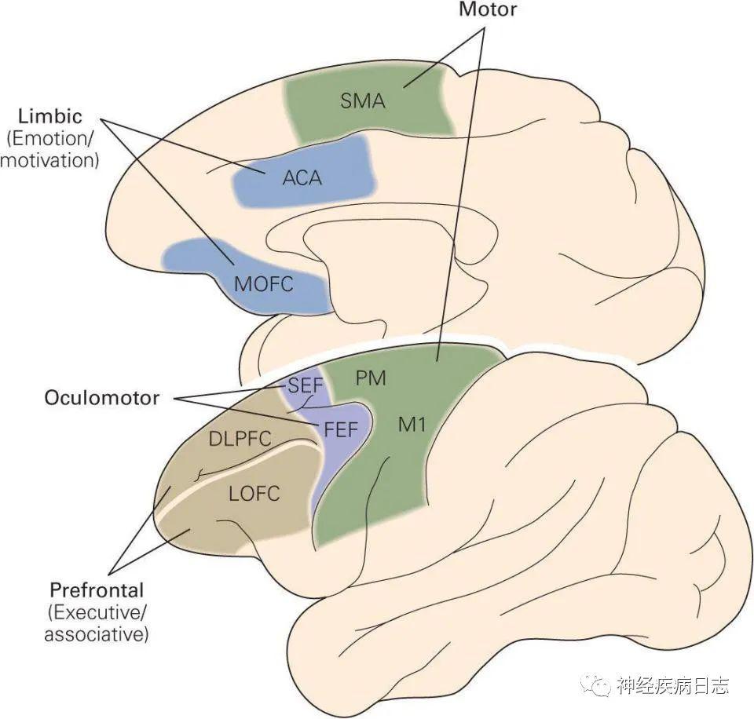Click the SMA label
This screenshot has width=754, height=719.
point(363,101)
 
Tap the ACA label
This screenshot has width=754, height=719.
point(302,178)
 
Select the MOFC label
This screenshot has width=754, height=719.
point(264,284)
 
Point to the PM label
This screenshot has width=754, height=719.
point(371,378)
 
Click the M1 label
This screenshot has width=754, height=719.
point(412,424)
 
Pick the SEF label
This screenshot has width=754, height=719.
point(305,385)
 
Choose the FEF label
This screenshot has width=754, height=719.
point(341,429)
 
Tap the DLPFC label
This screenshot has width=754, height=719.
point(240,439)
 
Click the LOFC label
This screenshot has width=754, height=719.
point(254,494)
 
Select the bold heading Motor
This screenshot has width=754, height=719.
point(488,9)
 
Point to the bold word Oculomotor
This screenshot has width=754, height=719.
point(102,398)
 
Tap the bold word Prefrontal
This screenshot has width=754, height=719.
point(97,590)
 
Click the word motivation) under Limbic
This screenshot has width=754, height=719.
point(49,161)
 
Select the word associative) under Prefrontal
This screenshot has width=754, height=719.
point(97,634)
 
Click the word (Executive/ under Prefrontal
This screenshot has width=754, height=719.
point(97,613)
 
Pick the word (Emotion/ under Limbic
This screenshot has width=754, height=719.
point(50,139)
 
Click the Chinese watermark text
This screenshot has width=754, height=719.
point(673,685)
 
